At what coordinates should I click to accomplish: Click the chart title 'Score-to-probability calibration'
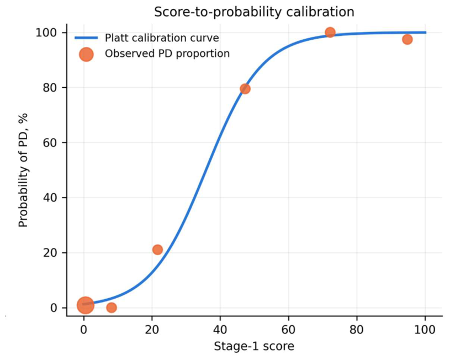pos(254,12)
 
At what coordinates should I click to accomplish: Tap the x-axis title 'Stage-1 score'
pos(254,346)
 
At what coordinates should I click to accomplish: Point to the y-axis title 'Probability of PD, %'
pos(23,170)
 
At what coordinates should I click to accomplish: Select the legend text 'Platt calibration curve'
pos(162,38)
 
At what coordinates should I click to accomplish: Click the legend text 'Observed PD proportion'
pos(167,54)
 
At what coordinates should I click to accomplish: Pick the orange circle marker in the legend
pos(86,54)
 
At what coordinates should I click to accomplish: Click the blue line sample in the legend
pos(86,38)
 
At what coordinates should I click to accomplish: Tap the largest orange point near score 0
pos(85,305)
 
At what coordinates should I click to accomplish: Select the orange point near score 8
pos(112,308)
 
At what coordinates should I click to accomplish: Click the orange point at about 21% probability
pos(157,250)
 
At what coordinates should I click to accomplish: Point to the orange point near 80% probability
pos(245,89)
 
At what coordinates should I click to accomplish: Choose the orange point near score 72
pos(330,32)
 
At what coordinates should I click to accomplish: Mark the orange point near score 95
pos(407,39)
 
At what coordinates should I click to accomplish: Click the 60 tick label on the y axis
pos(50,142)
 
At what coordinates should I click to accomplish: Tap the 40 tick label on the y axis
pos(50,198)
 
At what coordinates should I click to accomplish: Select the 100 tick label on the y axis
pos(47,33)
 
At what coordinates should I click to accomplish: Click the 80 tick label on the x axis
pos(357,330)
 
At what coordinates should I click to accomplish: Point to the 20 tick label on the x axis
pos(152,330)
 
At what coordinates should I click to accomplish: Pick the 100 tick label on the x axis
pos(425,330)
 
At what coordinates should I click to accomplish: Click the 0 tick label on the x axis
pos(84,330)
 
